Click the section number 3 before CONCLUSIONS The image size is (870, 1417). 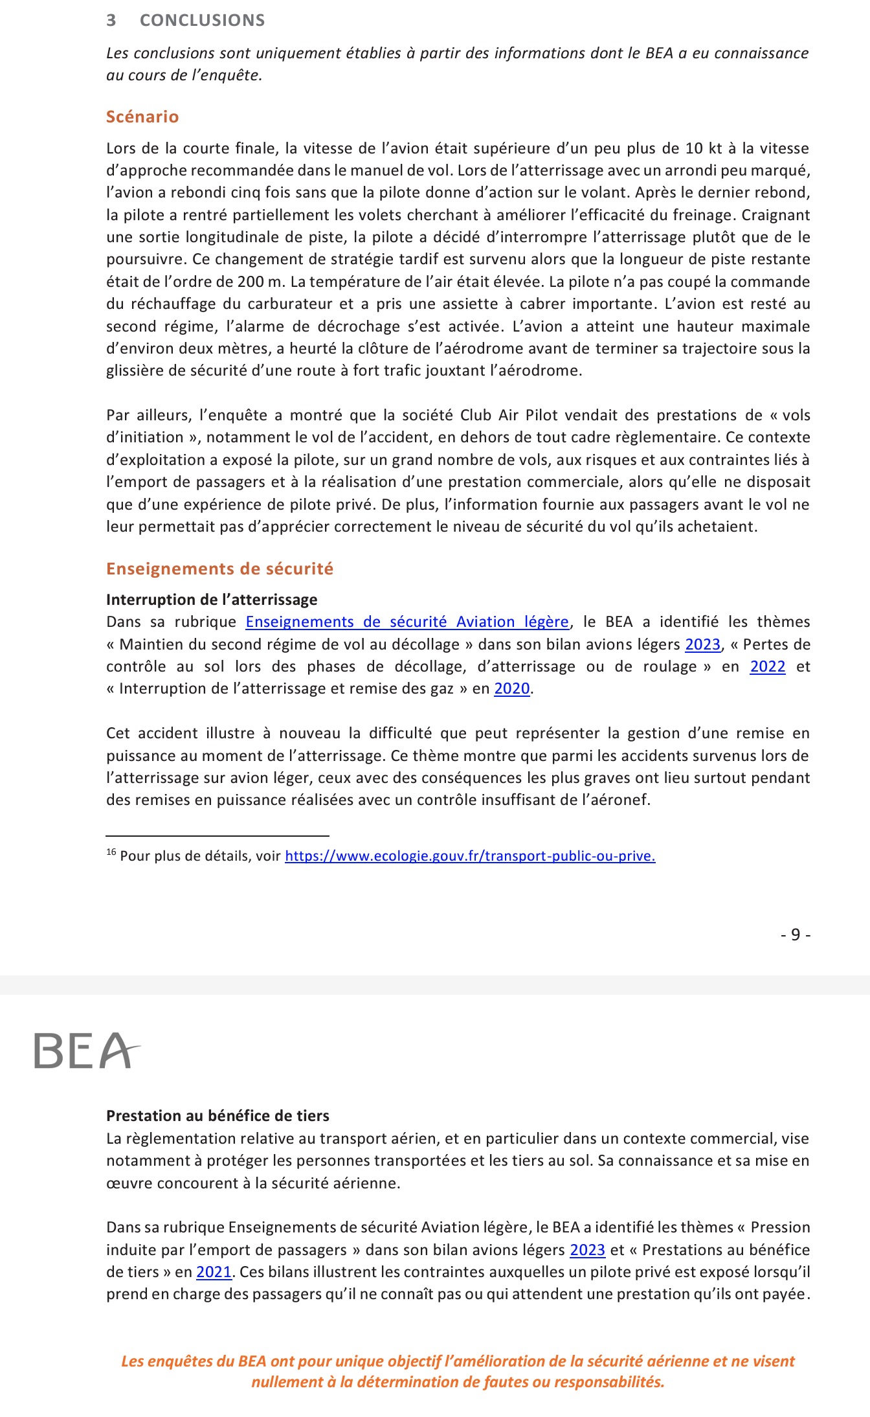(x=111, y=20)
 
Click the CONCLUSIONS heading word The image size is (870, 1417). (x=202, y=20)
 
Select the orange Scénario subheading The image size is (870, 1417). (x=142, y=117)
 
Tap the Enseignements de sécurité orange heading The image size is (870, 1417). (x=219, y=569)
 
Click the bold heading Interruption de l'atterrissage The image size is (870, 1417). (x=212, y=600)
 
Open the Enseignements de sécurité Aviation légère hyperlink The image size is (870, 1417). (x=407, y=622)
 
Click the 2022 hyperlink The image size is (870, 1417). (x=767, y=666)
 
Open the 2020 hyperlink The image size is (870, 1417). (x=511, y=688)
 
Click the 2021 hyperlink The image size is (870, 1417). (x=214, y=1272)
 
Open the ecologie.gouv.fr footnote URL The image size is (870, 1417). (x=470, y=856)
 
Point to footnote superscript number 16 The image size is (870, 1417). (x=111, y=852)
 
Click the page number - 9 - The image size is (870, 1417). (x=796, y=935)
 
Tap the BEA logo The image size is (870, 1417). (x=86, y=1050)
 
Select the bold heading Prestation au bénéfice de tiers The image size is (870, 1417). (x=217, y=1116)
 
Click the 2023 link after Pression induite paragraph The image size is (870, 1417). (x=587, y=1250)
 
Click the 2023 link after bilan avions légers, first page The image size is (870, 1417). (x=702, y=644)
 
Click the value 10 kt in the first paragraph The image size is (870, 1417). (x=703, y=148)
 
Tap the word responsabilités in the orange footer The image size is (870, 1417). (x=608, y=1382)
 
